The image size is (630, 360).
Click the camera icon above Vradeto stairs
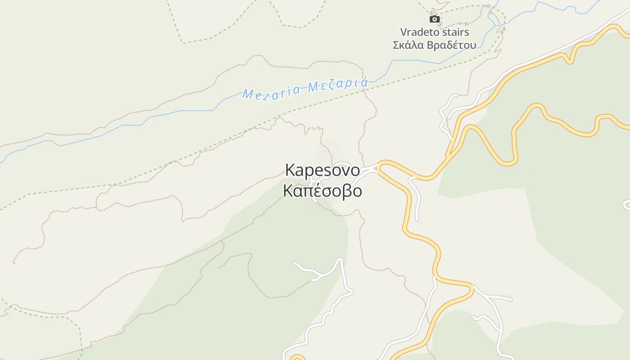pos(434,19)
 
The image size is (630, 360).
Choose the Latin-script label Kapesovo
pos(323,171)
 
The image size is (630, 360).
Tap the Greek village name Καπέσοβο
pos(323,191)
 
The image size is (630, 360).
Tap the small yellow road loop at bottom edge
pos(297,358)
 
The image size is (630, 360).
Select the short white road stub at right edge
pos(627,205)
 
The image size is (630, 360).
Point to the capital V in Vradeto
pos(404,32)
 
